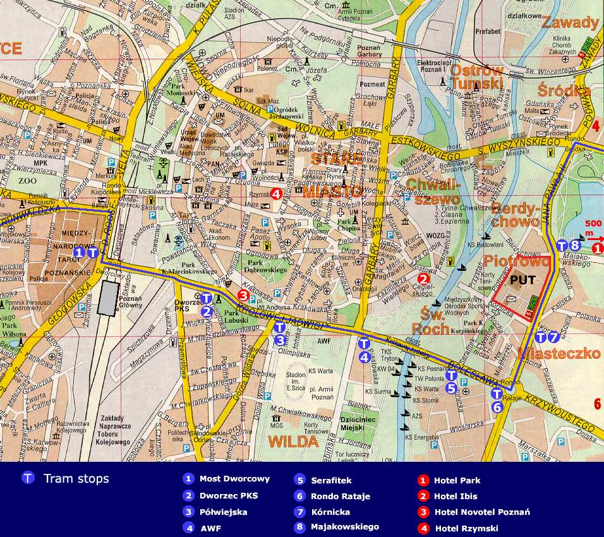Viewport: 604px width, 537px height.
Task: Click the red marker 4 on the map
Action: [x=276, y=194]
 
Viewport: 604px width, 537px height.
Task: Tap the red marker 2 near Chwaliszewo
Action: [x=423, y=277]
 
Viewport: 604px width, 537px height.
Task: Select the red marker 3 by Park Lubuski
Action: [x=243, y=294]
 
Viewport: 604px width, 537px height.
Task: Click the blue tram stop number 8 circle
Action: [x=575, y=245]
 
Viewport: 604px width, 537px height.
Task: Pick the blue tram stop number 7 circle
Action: [x=553, y=337]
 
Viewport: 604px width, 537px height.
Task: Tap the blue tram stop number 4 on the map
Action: [x=364, y=356]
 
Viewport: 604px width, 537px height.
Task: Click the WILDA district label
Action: [x=294, y=442]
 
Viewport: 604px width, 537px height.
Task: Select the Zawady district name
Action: [x=570, y=23]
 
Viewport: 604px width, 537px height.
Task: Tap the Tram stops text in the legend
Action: [x=76, y=478]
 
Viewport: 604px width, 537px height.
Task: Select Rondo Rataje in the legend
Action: [x=340, y=496]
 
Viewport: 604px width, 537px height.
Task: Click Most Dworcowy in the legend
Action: [x=234, y=480]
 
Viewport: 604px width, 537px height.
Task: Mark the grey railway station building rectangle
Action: [x=108, y=298]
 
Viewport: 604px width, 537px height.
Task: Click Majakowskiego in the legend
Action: [x=344, y=526]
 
